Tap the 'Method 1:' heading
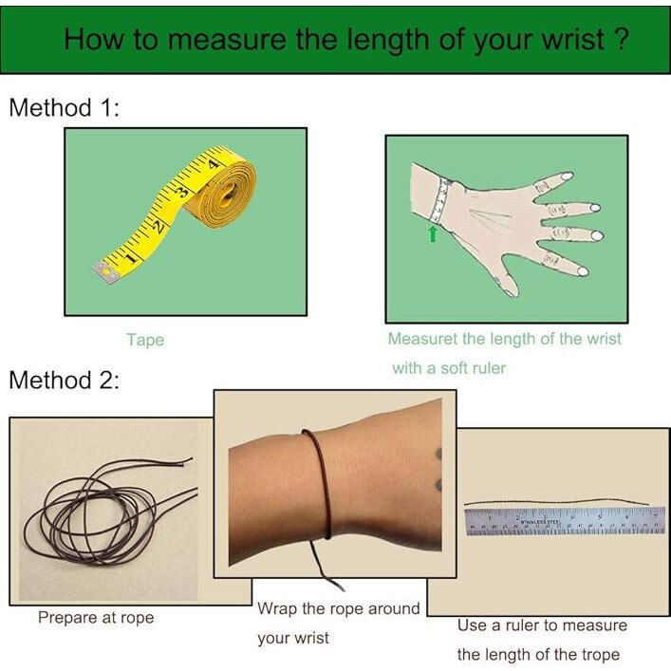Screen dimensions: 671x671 tap(65, 107)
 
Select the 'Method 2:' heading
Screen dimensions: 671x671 tap(65, 380)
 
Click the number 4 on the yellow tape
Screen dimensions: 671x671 tap(214, 163)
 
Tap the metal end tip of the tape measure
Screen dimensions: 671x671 tap(104, 272)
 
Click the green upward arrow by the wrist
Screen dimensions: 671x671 tap(433, 233)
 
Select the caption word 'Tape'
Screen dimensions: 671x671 tap(145, 340)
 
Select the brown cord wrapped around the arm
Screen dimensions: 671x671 tap(320, 484)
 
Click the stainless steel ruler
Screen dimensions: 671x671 tap(565, 521)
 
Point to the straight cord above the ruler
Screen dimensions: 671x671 tap(556, 502)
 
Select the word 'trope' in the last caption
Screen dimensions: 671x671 tap(601, 655)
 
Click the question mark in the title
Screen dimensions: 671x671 tap(622, 39)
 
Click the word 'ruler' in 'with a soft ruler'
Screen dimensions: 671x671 tap(490, 368)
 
